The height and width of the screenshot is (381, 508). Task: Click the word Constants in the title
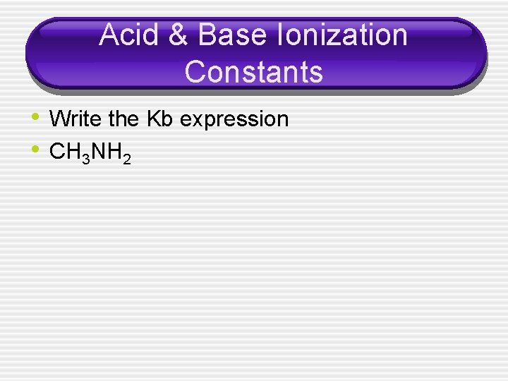253,71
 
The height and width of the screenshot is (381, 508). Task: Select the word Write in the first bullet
76,119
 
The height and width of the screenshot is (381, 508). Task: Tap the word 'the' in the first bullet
124,119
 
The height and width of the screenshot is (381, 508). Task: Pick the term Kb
160,119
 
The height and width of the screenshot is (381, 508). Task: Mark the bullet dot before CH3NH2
37,148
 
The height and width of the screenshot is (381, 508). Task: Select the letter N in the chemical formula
97,152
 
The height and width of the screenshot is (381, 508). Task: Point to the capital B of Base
209,35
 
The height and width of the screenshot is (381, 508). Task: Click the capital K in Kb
154,119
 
